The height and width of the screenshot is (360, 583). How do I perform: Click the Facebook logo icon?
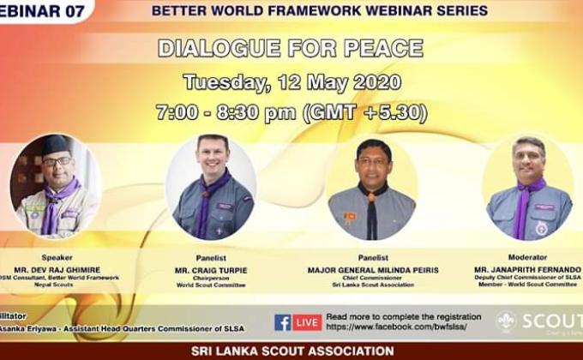pyautogui.click(x=283, y=322)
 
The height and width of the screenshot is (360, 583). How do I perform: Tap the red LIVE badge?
pyautogui.click(x=307, y=322)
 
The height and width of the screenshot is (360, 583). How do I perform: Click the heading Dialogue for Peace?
pyautogui.click(x=291, y=49)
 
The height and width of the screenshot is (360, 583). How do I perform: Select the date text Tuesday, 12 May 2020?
pyautogui.click(x=291, y=82)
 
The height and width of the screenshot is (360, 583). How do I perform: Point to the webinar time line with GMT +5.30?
pyautogui.click(x=291, y=112)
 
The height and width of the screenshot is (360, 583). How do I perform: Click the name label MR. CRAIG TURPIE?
pyautogui.click(x=212, y=270)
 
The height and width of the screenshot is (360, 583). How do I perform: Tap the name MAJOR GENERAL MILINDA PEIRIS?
pyautogui.click(x=372, y=270)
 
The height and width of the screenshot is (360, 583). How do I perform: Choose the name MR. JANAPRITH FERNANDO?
pyautogui.click(x=528, y=269)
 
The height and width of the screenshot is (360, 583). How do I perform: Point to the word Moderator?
pyautogui.click(x=528, y=256)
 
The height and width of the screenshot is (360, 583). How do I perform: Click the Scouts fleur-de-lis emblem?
pyautogui.click(x=507, y=321)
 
